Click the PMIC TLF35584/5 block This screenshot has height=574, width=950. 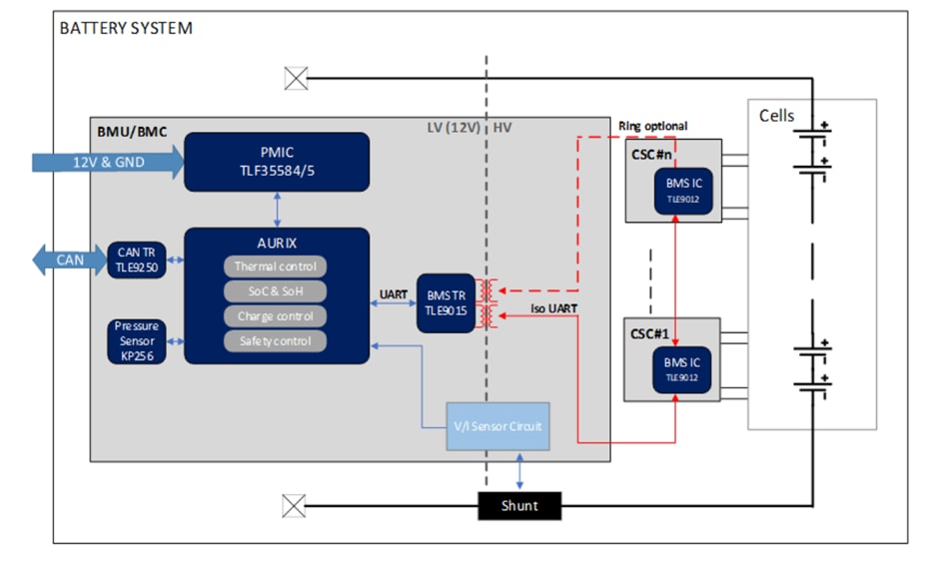pos(277,161)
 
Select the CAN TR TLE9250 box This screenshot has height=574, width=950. pos(137,260)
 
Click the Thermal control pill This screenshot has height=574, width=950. pos(275,267)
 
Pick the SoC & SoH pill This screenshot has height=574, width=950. pos(275,291)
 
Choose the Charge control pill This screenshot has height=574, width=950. pos(275,316)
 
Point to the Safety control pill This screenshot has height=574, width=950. pos(275,341)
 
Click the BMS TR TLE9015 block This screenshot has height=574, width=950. pos(446,301)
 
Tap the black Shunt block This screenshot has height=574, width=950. pos(519,506)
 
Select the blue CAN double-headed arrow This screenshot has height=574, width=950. pos(69,260)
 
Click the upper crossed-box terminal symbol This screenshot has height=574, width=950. pos(295,79)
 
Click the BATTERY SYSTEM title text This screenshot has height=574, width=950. pos(126,28)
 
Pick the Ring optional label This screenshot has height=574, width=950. pos(653,126)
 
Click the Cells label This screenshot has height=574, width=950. pos(776,116)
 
